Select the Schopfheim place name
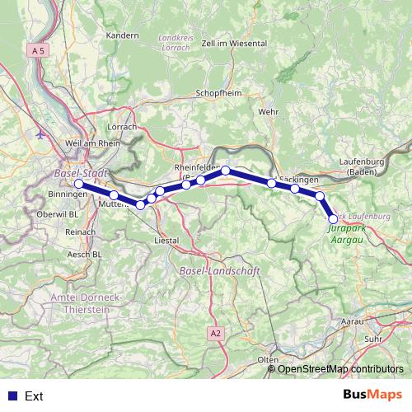[218, 94]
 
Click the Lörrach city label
[122, 128]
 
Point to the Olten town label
[268, 360]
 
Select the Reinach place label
[80, 233]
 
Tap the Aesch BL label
[85, 255]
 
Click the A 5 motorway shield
[36, 50]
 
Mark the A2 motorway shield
[215, 333]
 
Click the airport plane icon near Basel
[41, 133]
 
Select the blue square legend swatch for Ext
[11, 396]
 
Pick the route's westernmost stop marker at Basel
[79, 184]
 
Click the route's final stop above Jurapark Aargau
[333, 218]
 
